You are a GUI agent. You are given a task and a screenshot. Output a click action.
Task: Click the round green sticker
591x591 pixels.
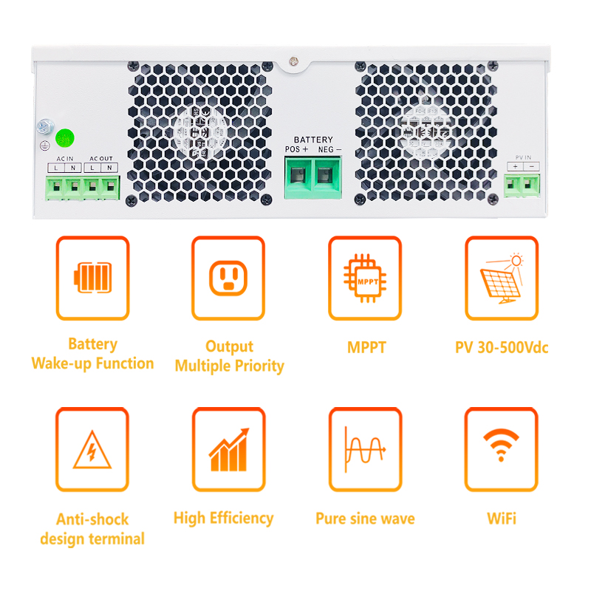(65, 138)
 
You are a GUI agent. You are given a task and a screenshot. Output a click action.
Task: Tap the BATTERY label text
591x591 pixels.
(313, 140)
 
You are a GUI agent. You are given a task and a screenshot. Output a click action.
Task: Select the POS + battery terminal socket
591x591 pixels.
(298, 175)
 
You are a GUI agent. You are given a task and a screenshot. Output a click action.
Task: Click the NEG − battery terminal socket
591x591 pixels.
(325, 175)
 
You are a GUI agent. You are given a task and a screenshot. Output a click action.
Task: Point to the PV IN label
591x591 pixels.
(523, 157)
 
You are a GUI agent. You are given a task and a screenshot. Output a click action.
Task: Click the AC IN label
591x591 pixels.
(65, 159)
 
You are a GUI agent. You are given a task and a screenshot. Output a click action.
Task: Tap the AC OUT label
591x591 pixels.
(101, 159)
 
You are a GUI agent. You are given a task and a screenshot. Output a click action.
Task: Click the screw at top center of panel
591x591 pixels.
(293, 61)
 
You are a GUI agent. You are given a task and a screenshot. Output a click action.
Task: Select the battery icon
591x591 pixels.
(93, 278)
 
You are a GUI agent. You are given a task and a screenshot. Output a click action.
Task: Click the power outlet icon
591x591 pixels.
(228, 279)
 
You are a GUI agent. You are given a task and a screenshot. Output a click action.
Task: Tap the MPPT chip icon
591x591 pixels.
(365, 279)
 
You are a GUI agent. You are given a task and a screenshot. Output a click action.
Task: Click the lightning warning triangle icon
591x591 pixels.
(92, 450)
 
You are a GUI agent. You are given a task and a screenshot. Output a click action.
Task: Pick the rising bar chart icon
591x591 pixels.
(229, 450)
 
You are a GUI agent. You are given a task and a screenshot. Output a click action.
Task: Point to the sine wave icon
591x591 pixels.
(365, 449)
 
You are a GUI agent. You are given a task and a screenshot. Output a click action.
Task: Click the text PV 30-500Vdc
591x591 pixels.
(502, 347)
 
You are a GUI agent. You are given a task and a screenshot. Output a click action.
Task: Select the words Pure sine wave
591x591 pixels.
(365, 519)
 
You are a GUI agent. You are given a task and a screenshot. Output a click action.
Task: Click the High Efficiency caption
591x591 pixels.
(224, 519)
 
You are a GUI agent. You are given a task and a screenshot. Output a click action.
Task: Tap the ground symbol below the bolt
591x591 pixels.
(45, 146)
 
